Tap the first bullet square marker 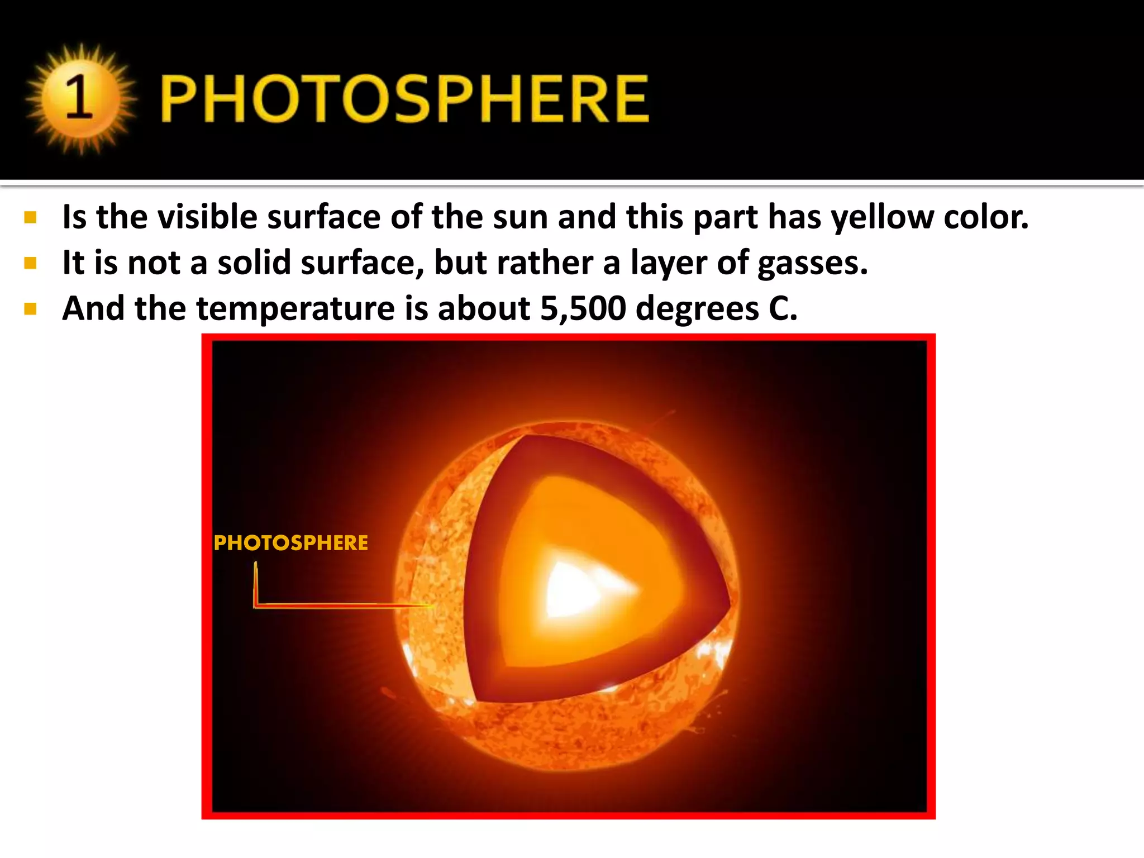coord(30,217)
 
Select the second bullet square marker coord(30,263)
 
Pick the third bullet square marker coord(30,309)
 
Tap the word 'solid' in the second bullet coord(255,263)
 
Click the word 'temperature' coord(296,308)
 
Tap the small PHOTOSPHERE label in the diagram coord(291,543)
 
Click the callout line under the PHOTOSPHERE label coord(335,605)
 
